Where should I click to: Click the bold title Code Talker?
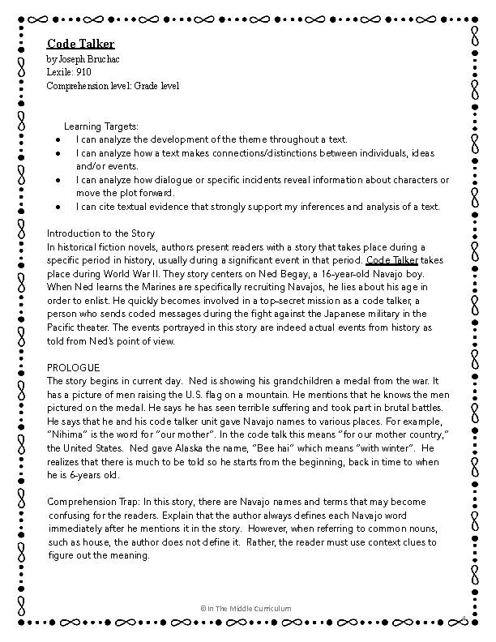tap(80, 44)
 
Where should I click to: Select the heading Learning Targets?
tap(101, 126)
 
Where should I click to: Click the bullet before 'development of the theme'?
tap(59, 139)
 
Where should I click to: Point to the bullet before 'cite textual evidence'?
tap(59, 207)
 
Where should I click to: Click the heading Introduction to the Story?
tap(100, 233)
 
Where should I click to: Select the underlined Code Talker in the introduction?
tap(392, 260)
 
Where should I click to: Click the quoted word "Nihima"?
tap(66, 434)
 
